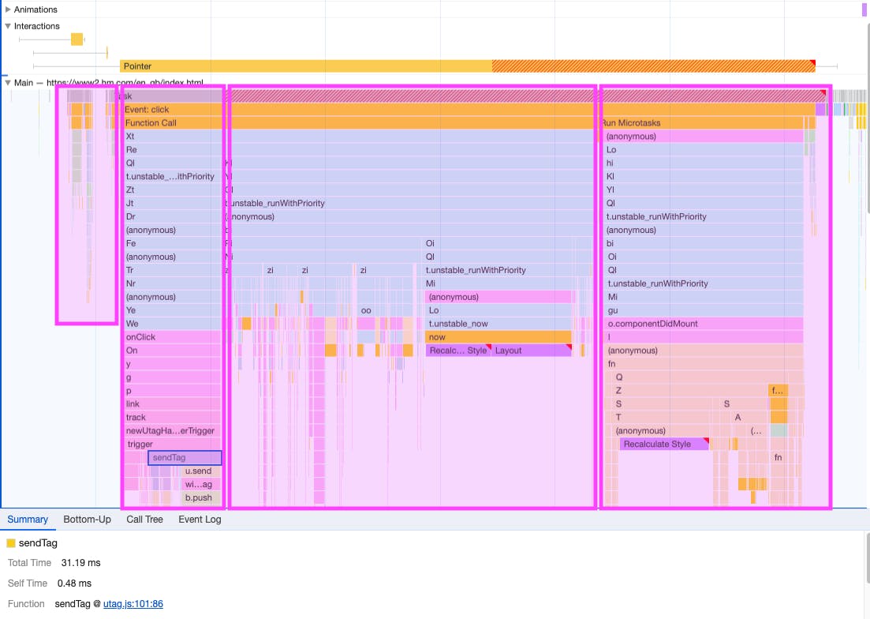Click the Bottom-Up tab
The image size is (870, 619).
(87, 520)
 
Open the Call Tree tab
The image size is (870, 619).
(144, 520)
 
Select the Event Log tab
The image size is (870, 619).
(200, 520)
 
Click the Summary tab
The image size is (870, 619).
(28, 520)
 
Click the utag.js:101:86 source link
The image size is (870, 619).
(133, 604)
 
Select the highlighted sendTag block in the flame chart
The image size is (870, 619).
(185, 457)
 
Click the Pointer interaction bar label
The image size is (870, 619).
(137, 66)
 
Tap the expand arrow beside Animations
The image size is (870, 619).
(8, 9)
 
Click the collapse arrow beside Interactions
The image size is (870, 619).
(8, 26)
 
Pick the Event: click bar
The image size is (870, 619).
(147, 110)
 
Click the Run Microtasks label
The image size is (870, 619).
(631, 123)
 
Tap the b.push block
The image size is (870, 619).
(198, 498)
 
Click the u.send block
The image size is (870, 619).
(198, 471)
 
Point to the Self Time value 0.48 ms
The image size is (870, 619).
(74, 583)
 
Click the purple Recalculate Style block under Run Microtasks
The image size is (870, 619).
(656, 445)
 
